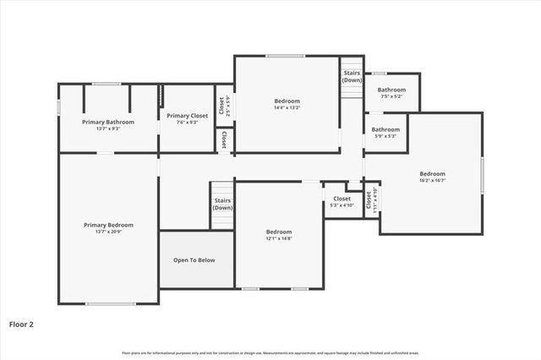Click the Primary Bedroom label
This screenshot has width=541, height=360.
point(108,225)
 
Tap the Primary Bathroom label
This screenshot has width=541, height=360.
point(107,122)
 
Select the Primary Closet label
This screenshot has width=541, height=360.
point(187,116)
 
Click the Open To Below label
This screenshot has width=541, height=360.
point(194,260)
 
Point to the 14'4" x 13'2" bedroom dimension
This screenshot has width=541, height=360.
point(287,108)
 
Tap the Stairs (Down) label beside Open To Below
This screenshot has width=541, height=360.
point(222,204)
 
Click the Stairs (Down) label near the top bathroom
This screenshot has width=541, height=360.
point(352,76)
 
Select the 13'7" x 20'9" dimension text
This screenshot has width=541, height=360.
point(108,232)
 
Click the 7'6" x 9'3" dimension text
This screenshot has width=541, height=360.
point(187,123)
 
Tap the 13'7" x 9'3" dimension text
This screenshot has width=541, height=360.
point(107,129)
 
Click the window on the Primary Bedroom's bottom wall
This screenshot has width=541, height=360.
point(110,303)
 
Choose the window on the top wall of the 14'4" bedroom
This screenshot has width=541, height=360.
point(286,57)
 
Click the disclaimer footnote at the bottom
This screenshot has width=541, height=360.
point(270,352)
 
